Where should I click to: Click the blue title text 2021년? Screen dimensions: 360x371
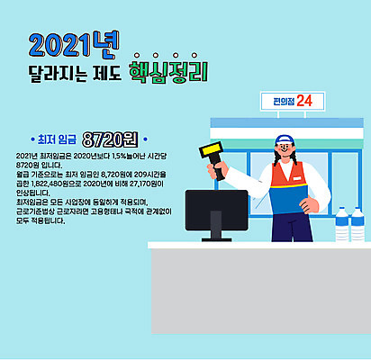pyautogui.click(x=68, y=44)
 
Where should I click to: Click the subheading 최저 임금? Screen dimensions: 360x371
pyautogui.click(x=56, y=139)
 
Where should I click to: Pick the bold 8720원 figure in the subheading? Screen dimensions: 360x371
pyautogui.click(x=108, y=139)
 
